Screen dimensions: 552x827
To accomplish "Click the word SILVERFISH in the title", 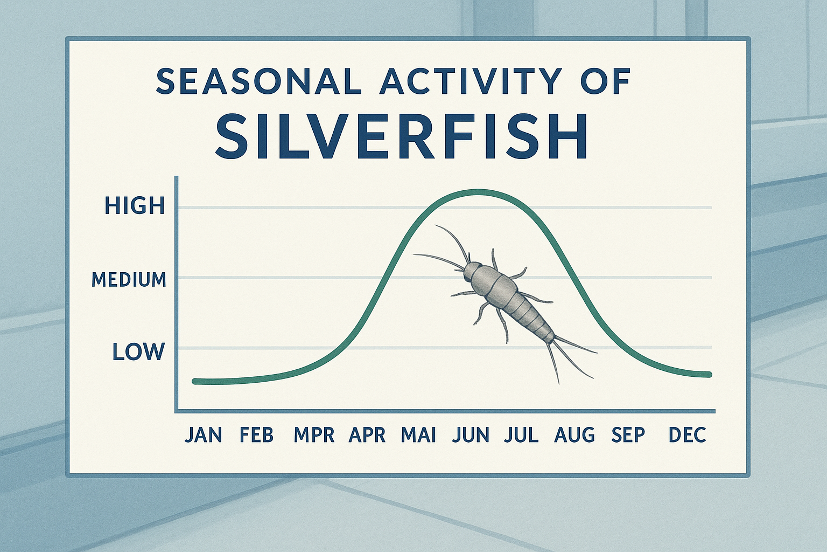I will point(401,136).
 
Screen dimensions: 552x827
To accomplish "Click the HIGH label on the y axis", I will point(135,206).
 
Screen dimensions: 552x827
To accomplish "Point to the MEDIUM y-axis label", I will point(129,280).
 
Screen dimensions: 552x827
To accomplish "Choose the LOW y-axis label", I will point(138,352).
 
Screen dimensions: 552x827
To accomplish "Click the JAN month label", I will point(203,434).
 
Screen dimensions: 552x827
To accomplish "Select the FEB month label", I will point(257,434).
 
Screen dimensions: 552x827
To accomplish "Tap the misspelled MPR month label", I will point(314,434).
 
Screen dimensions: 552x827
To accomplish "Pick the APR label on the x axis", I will point(367,434).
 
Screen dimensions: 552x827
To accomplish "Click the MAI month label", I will point(418,434).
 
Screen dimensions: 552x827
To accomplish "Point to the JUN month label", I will point(471,434).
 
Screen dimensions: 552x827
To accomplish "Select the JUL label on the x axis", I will point(521,434).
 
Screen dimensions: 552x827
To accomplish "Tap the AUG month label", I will point(574,434).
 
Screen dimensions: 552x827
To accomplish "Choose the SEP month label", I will point(628,434).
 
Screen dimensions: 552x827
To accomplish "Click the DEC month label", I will point(687,434).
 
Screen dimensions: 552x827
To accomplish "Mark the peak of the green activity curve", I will point(476,191).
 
